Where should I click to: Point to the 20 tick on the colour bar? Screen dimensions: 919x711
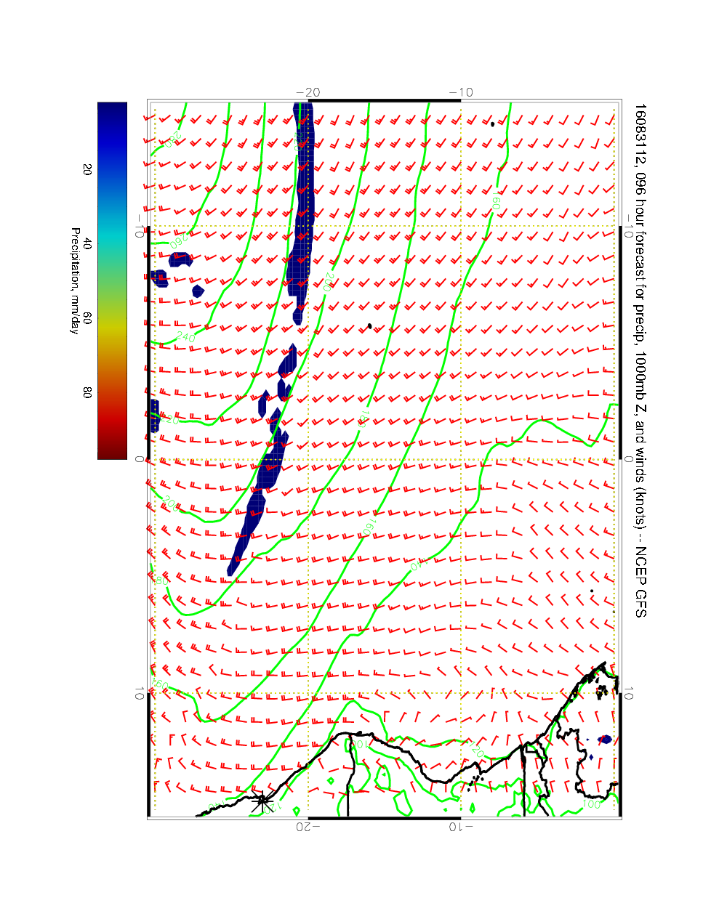[87, 169]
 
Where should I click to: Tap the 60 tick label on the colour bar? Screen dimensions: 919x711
[87, 318]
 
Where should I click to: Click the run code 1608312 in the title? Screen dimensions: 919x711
[640, 129]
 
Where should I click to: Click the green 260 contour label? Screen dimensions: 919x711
[177, 239]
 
